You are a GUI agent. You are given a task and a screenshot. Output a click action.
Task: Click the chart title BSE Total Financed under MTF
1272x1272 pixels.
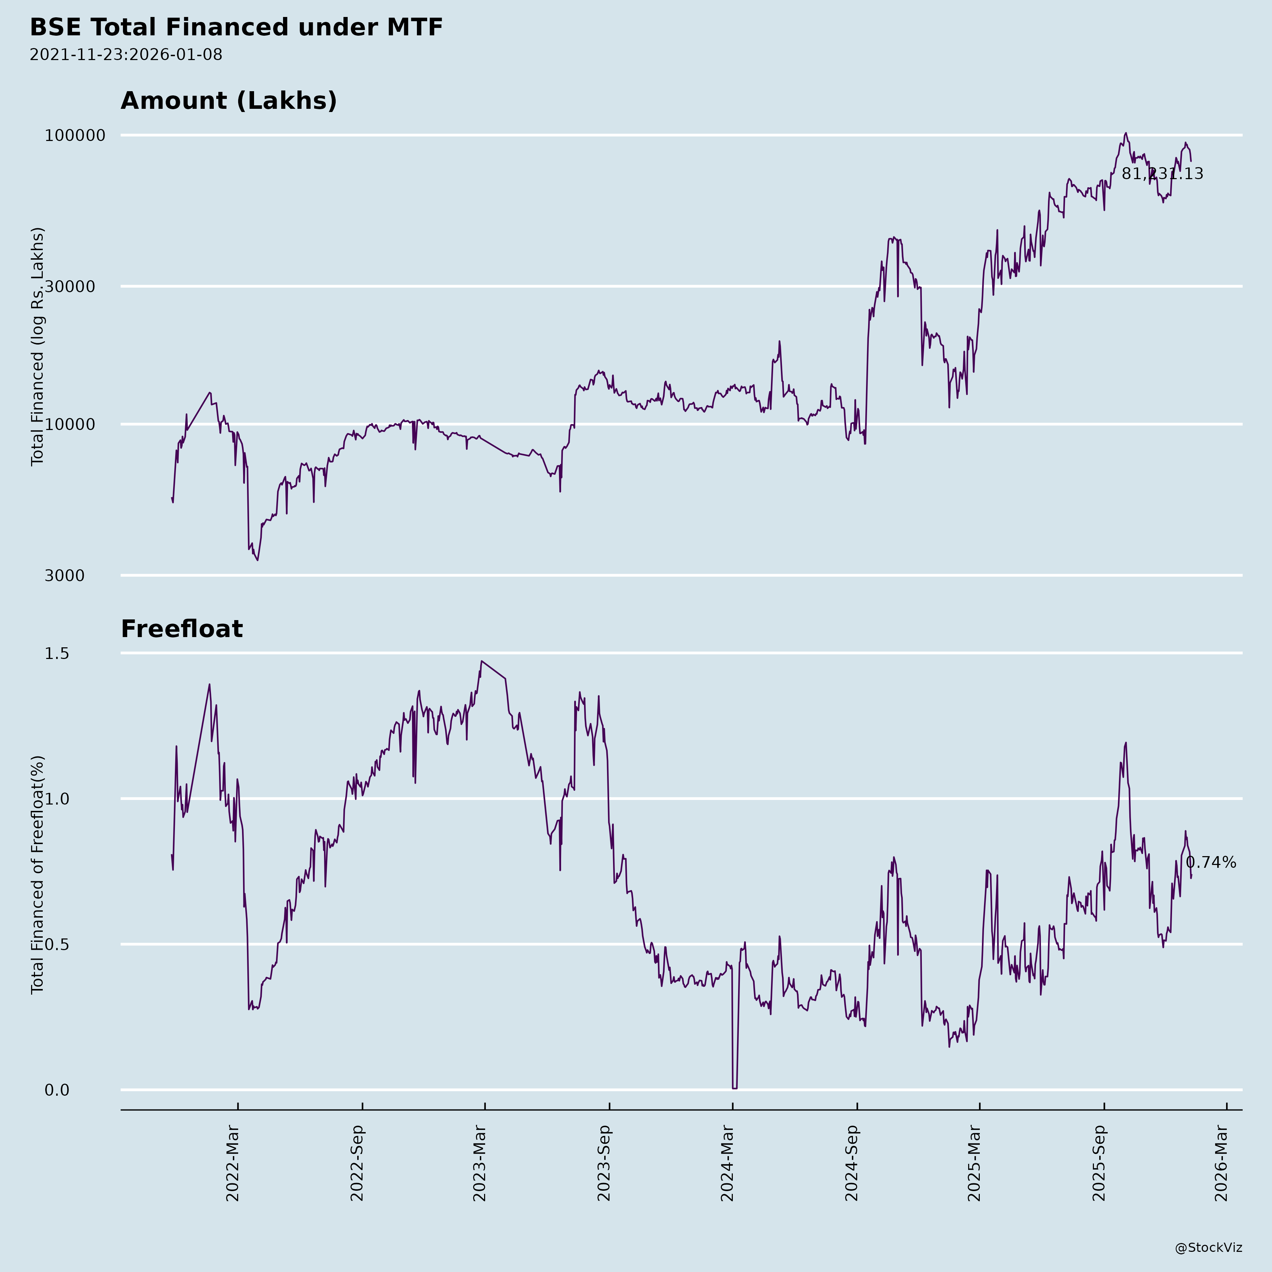pos(236,28)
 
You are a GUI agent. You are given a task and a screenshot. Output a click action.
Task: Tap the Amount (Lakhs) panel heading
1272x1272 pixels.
pos(229,101)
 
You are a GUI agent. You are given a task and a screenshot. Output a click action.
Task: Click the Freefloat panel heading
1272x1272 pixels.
pos(182,629)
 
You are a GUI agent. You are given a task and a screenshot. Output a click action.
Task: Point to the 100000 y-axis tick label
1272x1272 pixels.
pos(75,136)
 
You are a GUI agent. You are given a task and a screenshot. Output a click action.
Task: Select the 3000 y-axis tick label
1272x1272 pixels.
pos(65,576)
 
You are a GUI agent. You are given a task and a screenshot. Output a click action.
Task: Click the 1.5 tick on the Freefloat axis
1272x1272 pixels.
pos(57,654)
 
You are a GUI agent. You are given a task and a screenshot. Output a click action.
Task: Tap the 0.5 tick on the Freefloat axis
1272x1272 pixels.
pos(57,944)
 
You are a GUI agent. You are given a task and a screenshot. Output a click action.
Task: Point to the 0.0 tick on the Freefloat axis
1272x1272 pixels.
pos(57,1090)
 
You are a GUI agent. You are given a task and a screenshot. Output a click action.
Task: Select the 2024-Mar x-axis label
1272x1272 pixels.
pos(728,1164)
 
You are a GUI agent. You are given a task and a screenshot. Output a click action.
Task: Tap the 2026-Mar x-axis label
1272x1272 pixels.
pos(1222,1164)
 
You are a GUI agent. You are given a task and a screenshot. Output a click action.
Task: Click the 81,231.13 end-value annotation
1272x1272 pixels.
pos(1162,174)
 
